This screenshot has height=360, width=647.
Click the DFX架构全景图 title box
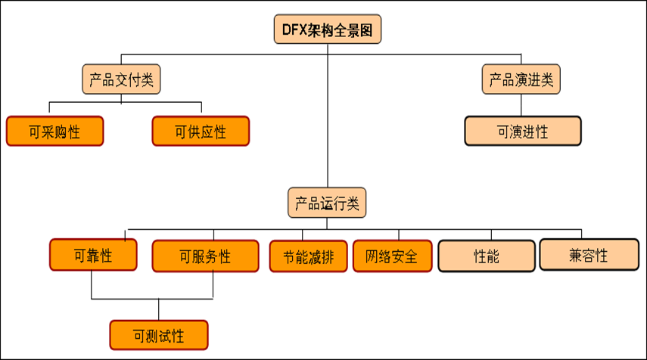327,30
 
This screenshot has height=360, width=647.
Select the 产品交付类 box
122,79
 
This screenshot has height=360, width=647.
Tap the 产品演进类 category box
521,79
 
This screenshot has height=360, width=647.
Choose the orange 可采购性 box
54,132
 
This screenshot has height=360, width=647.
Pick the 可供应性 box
201,132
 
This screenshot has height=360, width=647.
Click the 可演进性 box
522,131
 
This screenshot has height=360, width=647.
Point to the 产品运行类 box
327,203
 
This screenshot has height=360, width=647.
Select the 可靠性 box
93,255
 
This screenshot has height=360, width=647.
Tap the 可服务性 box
201,256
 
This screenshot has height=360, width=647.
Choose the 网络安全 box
391,256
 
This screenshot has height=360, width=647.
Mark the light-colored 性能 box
487,255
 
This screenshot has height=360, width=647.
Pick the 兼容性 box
588,255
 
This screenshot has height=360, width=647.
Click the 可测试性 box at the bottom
158,334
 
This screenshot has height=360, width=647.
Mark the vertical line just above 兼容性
582,234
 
